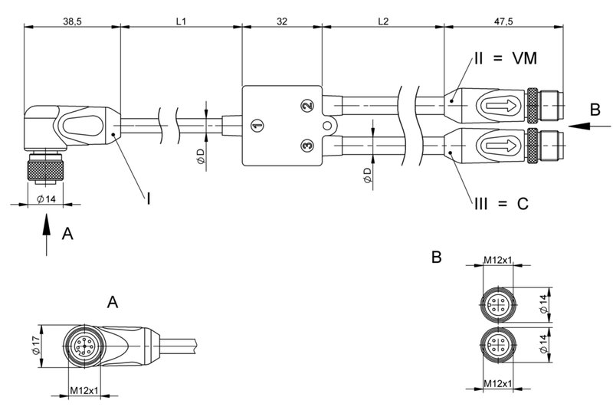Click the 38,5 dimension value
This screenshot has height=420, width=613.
[73, 21]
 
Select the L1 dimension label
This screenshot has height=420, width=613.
[181, 21]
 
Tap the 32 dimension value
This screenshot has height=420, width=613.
[281, 21]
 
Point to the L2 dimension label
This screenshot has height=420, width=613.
[383, 21]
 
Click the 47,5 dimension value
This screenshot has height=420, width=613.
[503, 21]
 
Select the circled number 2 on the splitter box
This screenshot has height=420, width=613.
[306, 106]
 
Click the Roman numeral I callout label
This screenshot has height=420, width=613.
[148, 199]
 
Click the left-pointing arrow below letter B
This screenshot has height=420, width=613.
[591, 124]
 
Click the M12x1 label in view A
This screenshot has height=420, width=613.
[84, 391]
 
